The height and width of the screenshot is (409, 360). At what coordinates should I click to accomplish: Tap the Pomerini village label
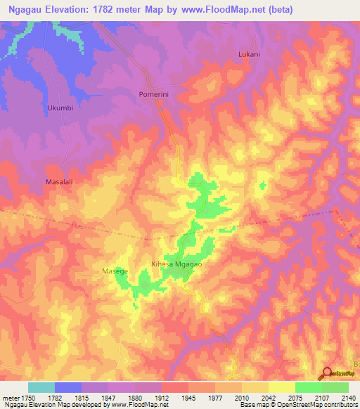(148, 93)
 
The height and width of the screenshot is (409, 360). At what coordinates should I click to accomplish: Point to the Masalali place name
(63, 181)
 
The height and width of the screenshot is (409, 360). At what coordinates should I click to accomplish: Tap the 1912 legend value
(161, 397)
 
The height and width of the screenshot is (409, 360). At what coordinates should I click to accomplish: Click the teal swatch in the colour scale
(41, 387)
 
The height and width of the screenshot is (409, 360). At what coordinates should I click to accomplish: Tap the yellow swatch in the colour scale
(281, 387)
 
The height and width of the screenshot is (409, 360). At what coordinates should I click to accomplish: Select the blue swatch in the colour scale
(67, 387)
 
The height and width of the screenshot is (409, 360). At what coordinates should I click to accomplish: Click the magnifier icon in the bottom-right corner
(327, 373)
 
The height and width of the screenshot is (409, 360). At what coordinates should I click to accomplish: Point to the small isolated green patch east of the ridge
(263, 186)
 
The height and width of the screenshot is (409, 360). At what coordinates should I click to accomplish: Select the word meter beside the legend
(11, 397)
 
